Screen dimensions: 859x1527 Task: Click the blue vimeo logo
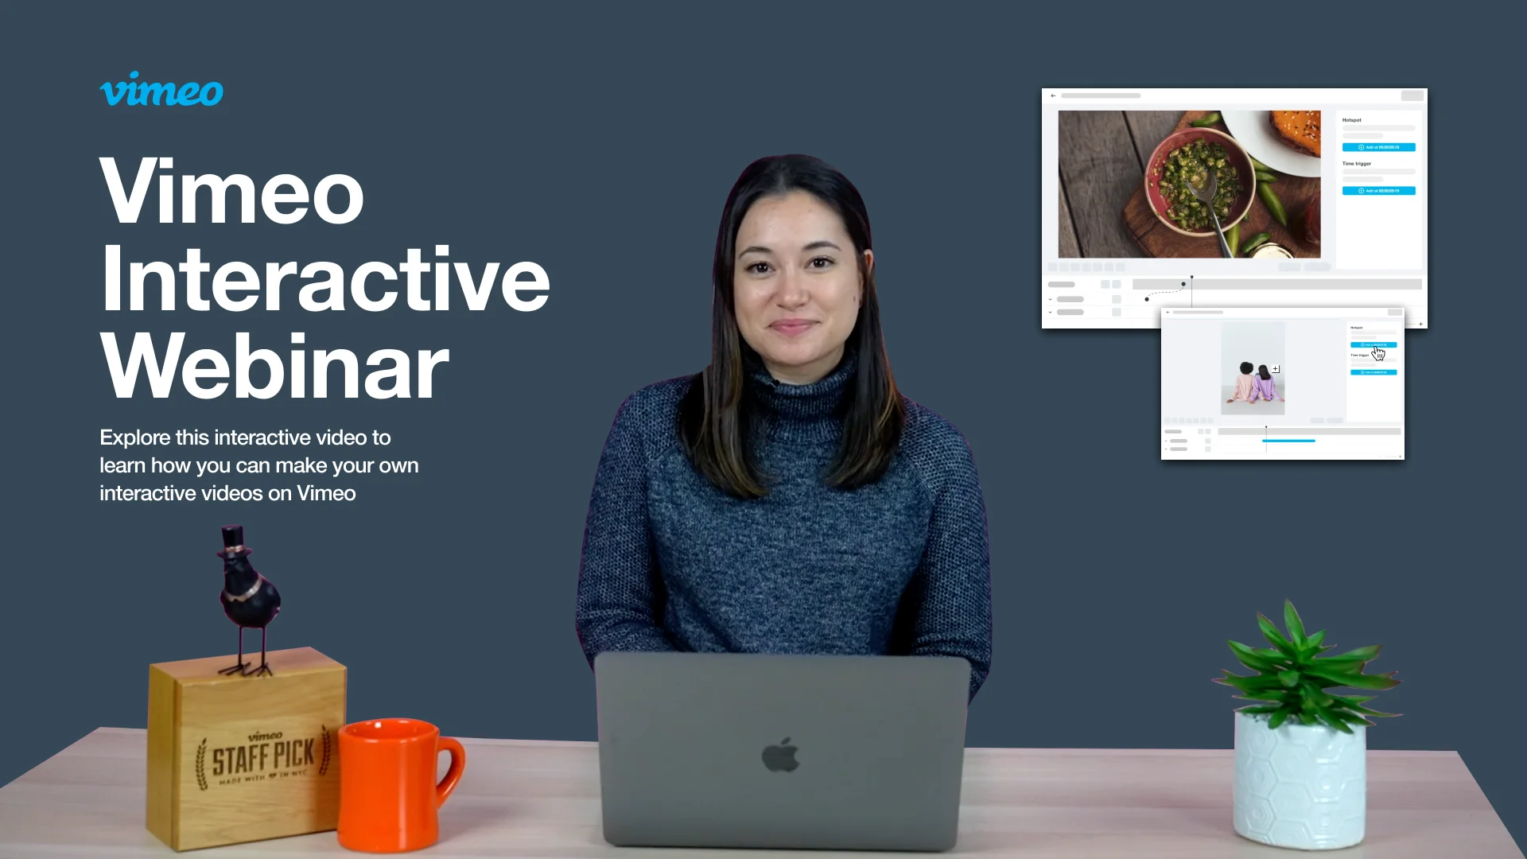tap(161, 90)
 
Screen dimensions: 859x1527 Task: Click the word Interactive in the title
tap(324, 280)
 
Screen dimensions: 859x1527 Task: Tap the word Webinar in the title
tap(274, 367)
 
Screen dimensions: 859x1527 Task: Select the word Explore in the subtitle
tap(134, 437)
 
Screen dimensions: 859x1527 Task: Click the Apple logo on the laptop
tap(780, 755)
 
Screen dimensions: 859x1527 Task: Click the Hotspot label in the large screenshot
tap(1352, 120)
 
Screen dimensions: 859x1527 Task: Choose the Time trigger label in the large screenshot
tap(1357, 164)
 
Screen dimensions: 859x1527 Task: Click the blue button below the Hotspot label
tap(1378, 147)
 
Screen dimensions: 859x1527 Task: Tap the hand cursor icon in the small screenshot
tap(1378, 353)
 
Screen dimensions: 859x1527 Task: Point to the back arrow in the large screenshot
tap(1053, 95)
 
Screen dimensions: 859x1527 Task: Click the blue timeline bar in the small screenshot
tap(1288, 441)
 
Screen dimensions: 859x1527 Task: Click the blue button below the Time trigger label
tap(1378, 191)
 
